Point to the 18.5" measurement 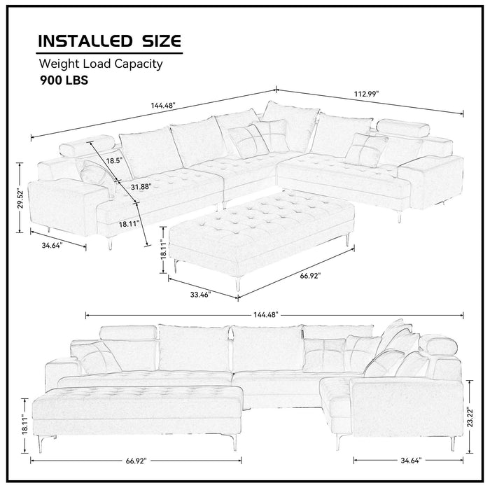(114, 160)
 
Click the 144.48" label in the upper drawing (162, 105)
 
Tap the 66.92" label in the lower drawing (136, 462)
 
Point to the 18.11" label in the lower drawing (22, 423)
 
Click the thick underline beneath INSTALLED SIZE (109, 52)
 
